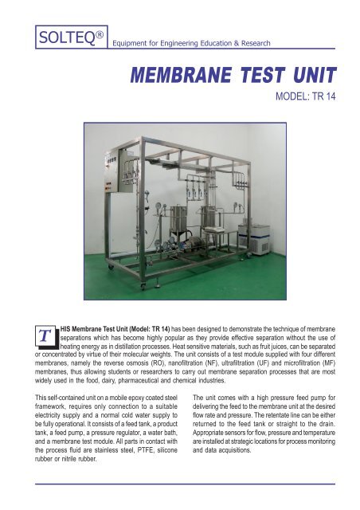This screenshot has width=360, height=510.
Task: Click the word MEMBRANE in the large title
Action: (170, 76)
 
